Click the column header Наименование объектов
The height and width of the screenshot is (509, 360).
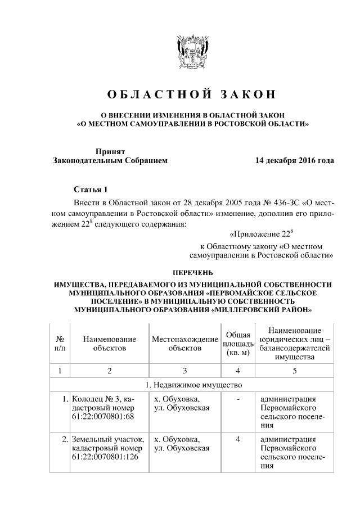pyautogui.click(x=110, y=344)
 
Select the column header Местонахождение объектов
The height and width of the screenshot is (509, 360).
pyautogui.click(x=184, y=344)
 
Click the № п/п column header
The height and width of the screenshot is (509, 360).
pyautogui.click(x=59, y=344)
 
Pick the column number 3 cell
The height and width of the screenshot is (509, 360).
pyautogui.click(x=184, y=370)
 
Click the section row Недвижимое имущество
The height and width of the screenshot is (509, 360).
pyautogui.click(x=192, y=385)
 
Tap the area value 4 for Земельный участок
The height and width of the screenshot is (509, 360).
pyautogui.click(x=238, y=439)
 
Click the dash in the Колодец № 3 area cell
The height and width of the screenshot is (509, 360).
pyautogui.click(x=238, y=399)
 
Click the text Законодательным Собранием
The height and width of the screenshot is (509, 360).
pyautogui.click(x=110, y=161)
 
